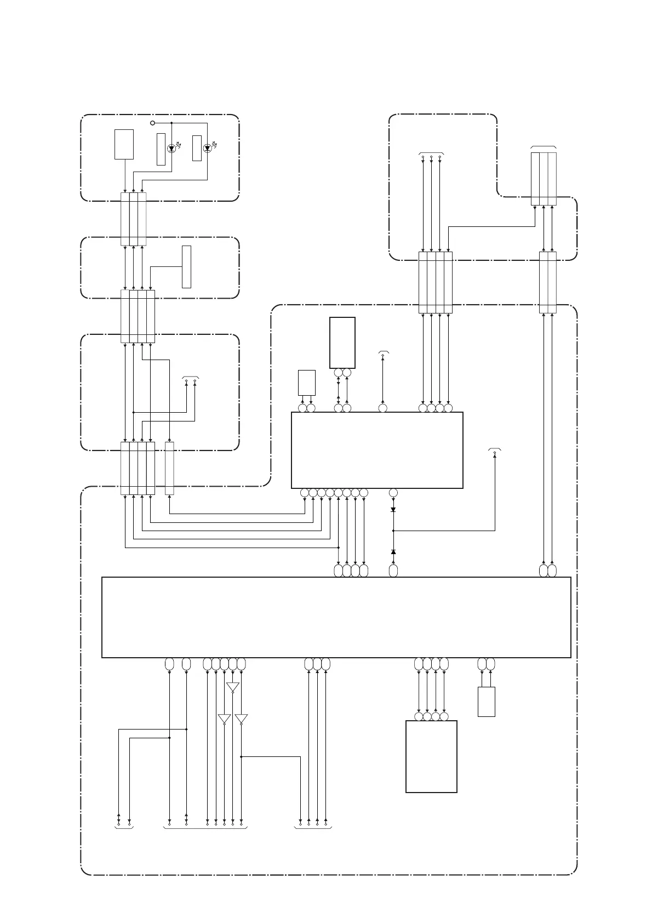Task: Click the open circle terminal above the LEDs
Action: pyautogui.click(x=153, y=123)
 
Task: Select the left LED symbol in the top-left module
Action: pyautogui.click(x=171, y=148)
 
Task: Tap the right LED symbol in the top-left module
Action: pyautogui.click(x=207, y=148)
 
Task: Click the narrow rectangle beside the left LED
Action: pyautogui.click(x=161, y=149)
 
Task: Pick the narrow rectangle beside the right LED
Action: pyautogui.click(x=197, y=147)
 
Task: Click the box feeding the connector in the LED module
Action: pyautogui.click(x=124, y=144)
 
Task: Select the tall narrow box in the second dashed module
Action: pyautogui.click(x=187, y=267)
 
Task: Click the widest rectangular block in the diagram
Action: pyautogui.click(x=336, y=617)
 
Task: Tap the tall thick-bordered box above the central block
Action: pyautogui.click(x=342, y=343)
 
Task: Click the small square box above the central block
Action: pyautogui.click(x=307, y=382)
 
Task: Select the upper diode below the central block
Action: pyautogui.click(x=393, y=510)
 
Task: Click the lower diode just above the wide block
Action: pyautogui.click(x=393, y=551)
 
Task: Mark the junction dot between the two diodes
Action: pyautogui.click(x=393, y=531)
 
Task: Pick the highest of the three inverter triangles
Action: pyautogui.click(x=233, y=687)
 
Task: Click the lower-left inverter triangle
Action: pyautogui.click(x=224, y=719)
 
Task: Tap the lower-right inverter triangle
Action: pyautogui.click(x=241, y=719)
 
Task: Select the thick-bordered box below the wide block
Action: pyautogui.click(x=431, y=756)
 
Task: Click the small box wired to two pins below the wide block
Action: pyautogui.click(x=487, y=702)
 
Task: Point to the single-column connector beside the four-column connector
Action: pyautogui.click(x=169, y=468)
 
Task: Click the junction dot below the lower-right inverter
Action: pyautogui.click(x=241, y=756)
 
